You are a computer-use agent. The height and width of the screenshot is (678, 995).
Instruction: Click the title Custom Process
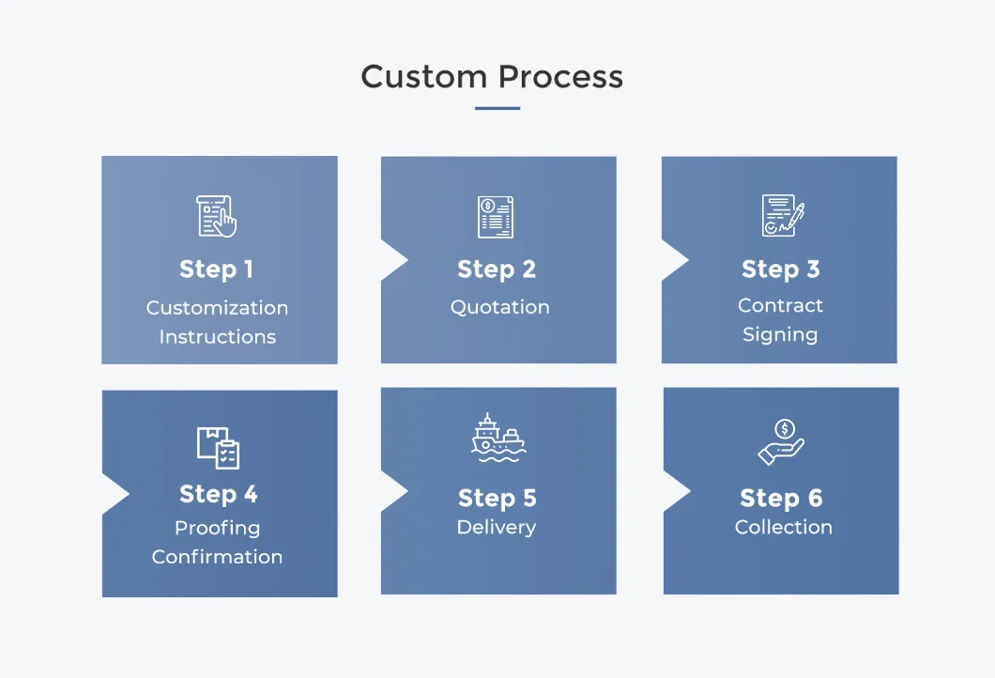(x=492, y=77)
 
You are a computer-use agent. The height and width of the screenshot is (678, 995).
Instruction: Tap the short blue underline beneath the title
(x=497, y=108)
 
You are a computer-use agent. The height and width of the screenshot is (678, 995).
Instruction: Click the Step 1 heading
(x=217, y=270)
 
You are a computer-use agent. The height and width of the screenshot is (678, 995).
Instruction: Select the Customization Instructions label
(x=217, y=322)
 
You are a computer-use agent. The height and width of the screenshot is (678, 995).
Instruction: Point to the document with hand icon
(x=217, y=216)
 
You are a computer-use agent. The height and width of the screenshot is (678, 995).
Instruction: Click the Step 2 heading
(x=497, y=270)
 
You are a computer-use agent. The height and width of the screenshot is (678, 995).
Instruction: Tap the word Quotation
(x=499, y=307)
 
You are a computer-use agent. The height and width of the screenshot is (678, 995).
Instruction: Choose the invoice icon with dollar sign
(x=496, y=216)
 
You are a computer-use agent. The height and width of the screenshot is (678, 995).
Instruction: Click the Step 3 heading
(x=780, y=270)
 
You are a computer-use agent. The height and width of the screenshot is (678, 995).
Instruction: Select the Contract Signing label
(x=780, y=320)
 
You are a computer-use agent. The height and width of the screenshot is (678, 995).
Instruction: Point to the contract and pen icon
(x=782, y=215)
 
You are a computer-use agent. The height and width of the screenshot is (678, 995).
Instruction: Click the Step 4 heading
(x=218, y=494)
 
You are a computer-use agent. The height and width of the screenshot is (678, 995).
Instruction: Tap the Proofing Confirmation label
(x=217, y=542)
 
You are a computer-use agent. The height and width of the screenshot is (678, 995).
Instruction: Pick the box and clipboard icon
(x=218, y=447)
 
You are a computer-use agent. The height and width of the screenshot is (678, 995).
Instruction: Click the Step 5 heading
(x=497, y=498)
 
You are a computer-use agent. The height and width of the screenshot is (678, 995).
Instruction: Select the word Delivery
(x=496, y=528)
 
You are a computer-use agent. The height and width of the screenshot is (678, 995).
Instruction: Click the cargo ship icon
(x=497, y=437)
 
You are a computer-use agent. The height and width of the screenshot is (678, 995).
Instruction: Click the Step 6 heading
(x=781, y=498)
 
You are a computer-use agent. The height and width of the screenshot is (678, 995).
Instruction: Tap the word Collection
(x=783, y=528)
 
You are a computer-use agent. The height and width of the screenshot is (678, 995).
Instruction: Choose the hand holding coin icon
(x=781, y=442)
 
